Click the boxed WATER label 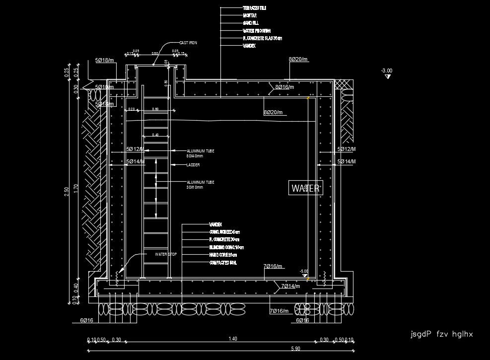pyautogui.click(x=305, y=188)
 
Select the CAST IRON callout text pyautogui.click(x=188, y=43)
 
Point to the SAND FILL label pyautogui.click(x=251, y=23)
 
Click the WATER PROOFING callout pyautogui.click(x=256, y=31)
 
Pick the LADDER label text pyautogui.click(x=193, y=165)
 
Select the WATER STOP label pyautogui.click(x=166, y=254)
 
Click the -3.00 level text pyautogui.click(x=387, y=71)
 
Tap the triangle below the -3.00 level pyautogui.click(x=388, y=76)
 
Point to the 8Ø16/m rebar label pyautogui.click(x=284, y=87)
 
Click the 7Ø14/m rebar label pyautogui.click(x=290, y=286)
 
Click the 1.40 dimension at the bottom pyautogui.click(x=233, y=339)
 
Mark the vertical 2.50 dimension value pyautogui.click(x=67, y=191)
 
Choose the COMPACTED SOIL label pyautogui.click(x=223, y=262)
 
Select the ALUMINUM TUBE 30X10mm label pyautogui.click(x=201, y=185)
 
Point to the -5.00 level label pyautogui.click(x=304, y=271)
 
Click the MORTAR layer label pyautogui.click(x=250, y=16)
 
